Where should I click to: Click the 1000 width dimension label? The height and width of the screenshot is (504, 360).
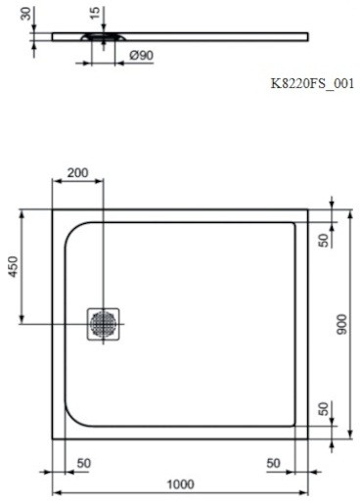[181, 483]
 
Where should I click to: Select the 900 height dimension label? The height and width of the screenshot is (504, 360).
[342, 324]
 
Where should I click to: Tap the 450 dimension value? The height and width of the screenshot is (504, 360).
[13, 266]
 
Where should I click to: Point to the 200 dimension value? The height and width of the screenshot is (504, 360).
[77, 172]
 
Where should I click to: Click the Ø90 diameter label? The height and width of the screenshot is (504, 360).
[141, 55]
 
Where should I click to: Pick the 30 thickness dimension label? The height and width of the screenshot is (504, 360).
[25, 14]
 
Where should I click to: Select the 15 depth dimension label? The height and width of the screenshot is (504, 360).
[95, 13]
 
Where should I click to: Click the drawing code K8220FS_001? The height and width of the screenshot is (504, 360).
[312, 84]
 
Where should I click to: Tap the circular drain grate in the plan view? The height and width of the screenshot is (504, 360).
[103, 324]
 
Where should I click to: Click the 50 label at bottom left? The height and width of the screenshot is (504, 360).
[84, 463]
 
